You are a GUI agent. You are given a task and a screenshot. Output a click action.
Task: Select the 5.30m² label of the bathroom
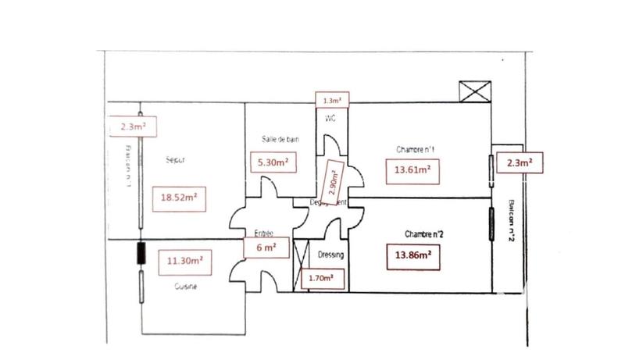271,163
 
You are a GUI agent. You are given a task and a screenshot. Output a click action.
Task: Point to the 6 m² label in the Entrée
265,246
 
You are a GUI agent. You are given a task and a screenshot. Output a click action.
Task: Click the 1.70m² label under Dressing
322,276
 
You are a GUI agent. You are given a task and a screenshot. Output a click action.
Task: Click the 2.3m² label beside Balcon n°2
520,163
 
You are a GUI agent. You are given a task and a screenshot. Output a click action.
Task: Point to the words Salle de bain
280,139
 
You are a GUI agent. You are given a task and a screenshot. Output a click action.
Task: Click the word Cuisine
185,287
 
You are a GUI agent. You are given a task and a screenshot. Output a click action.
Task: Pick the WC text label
330,119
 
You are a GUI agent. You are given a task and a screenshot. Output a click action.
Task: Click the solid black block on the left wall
141,255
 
